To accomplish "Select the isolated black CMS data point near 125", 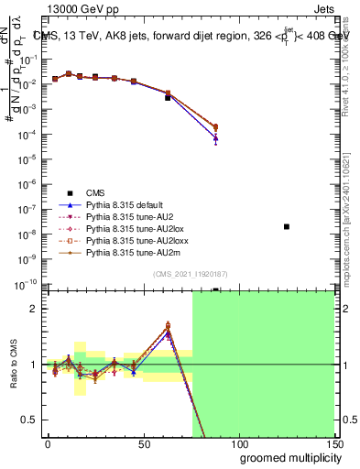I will (x=287, y=226).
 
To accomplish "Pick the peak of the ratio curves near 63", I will (x=168, y=326).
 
